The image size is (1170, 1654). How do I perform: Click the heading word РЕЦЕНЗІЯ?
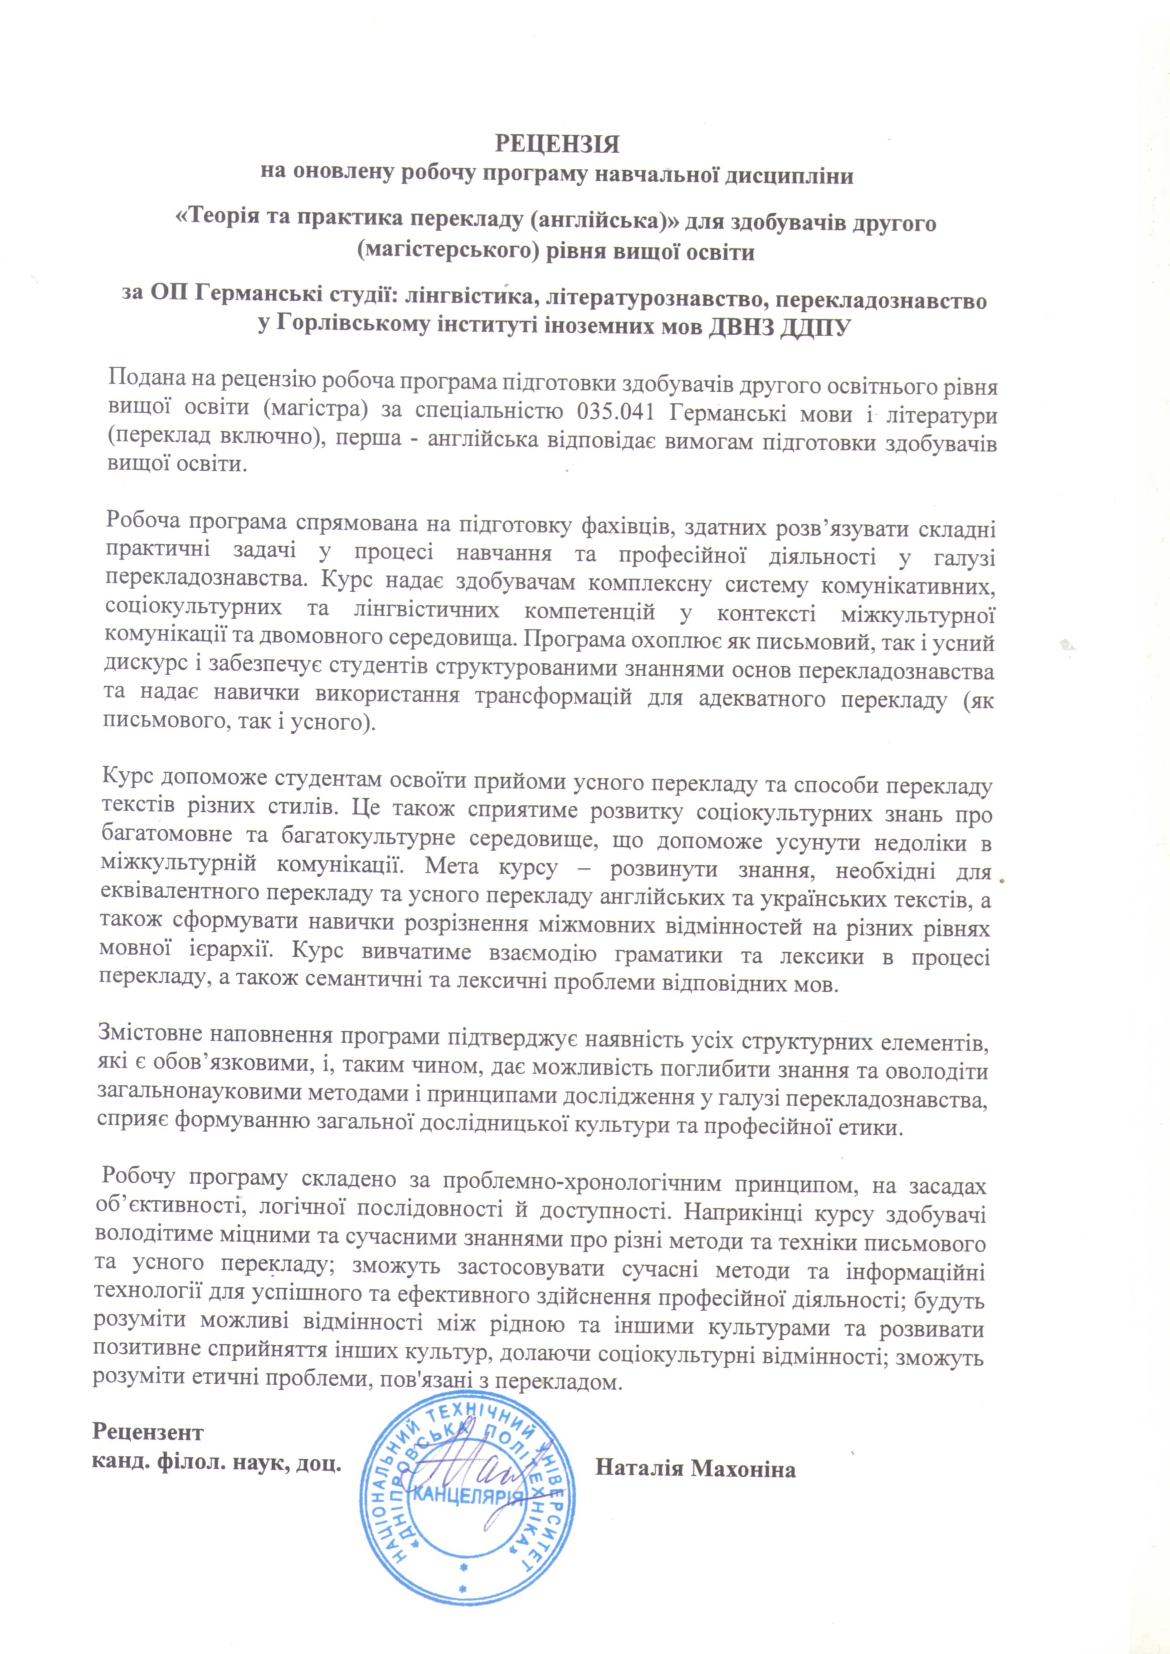556,144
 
